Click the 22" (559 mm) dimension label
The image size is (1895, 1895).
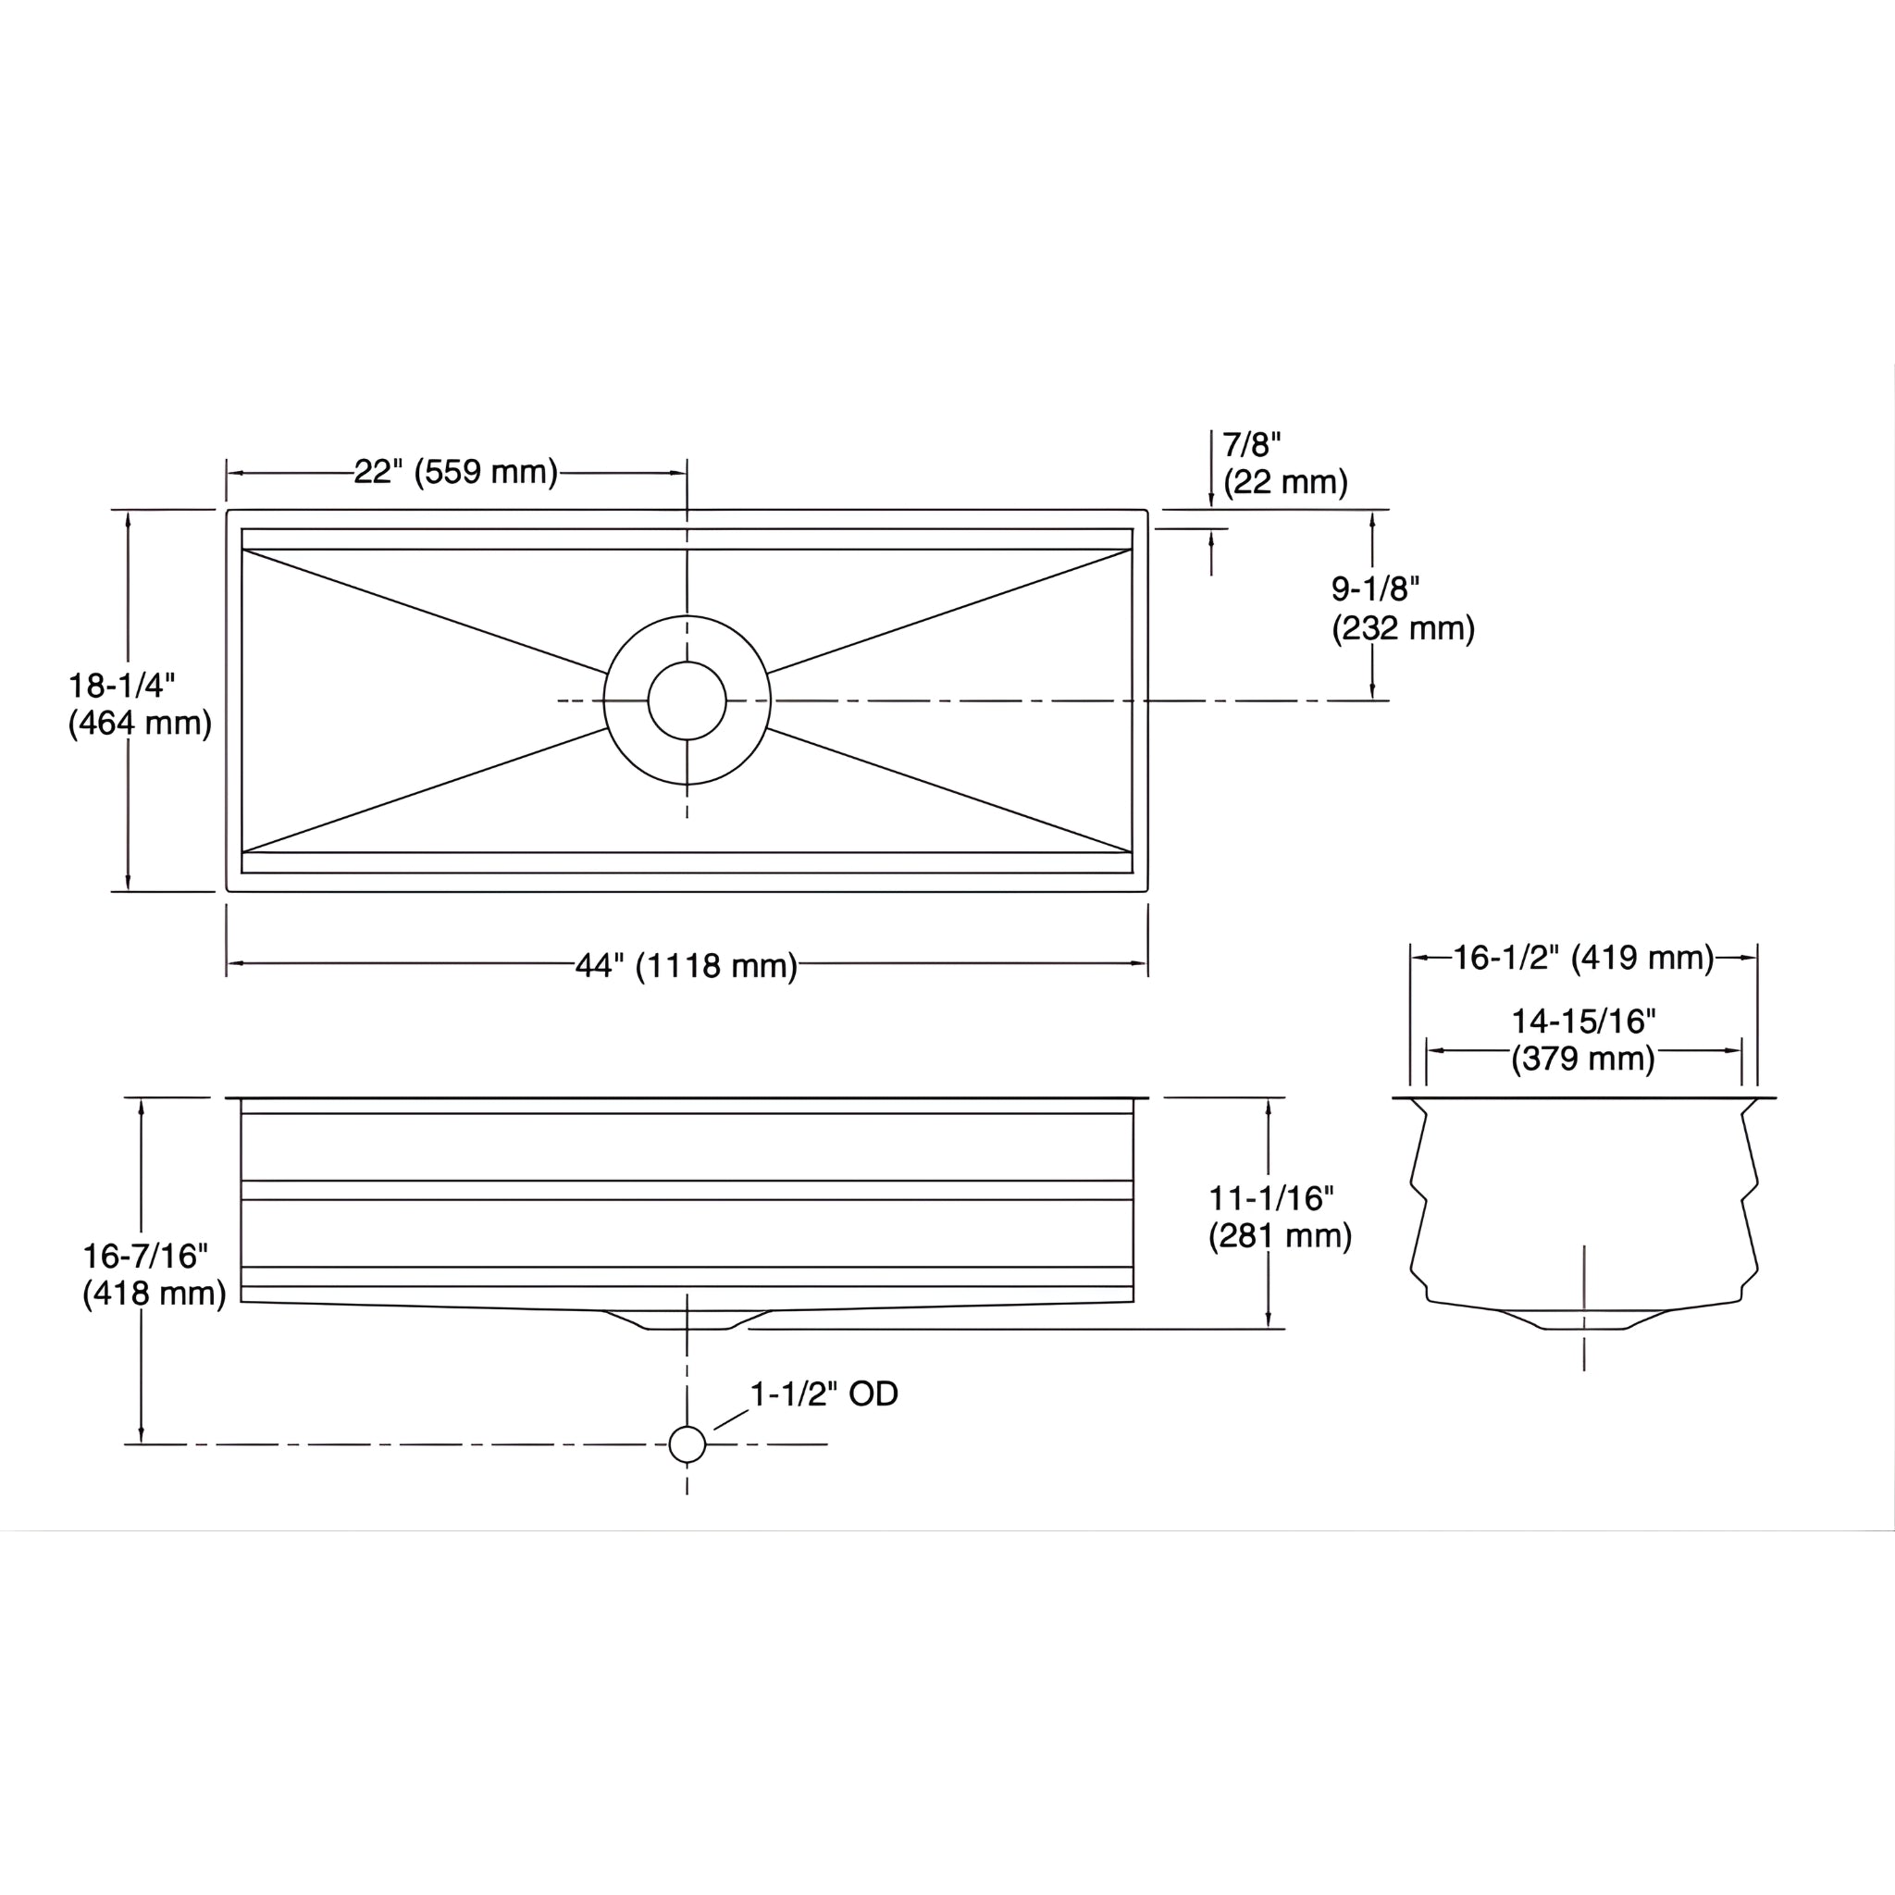456,472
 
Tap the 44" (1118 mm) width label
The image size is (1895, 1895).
686,966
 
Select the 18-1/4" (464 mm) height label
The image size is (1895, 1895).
140,704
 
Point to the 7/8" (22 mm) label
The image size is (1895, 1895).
1284,463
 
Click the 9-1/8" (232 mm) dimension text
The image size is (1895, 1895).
1402,608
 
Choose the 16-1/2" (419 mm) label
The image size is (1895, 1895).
1582,958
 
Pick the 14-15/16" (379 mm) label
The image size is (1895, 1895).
1582,1040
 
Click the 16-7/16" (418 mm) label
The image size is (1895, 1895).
154,1274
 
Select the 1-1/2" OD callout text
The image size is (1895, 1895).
823,1393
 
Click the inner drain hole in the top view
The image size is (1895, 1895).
687,700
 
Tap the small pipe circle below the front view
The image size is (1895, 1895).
687,1443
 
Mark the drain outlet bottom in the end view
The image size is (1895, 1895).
1584,1329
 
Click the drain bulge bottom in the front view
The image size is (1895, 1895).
687,1328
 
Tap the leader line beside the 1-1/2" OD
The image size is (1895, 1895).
731,1419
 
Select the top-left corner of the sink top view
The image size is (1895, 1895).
229,511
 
